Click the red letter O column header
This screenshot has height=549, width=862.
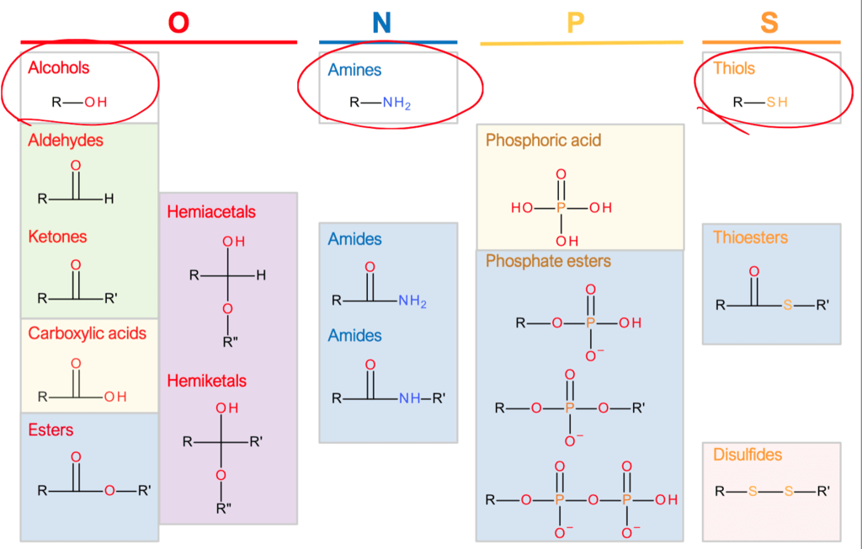[x=178, y=22]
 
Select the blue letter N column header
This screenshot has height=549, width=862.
[x=382, y=22]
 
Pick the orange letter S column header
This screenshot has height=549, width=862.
[x=769, y=22]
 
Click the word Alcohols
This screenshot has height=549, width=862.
[x=59, y=67]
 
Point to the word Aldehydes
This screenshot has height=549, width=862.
[x=66, y=141]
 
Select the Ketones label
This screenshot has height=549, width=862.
[x=57, y=237]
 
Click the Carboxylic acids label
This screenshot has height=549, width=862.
[x=87, y=333]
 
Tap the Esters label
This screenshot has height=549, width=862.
[x=51, y=430]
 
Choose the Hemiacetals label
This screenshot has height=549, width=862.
[x=210, y=212]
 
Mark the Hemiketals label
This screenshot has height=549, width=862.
[x=206, y=381]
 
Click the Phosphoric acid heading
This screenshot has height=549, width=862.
[x=543, y=141]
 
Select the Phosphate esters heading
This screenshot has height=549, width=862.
[x=548, y=262]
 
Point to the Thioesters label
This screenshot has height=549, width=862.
[x=750, y=237]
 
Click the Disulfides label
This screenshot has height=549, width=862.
[x=748, y=455]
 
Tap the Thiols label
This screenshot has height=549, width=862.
[x=734, y=68]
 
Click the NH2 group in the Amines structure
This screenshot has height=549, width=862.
[x=396, y=104]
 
